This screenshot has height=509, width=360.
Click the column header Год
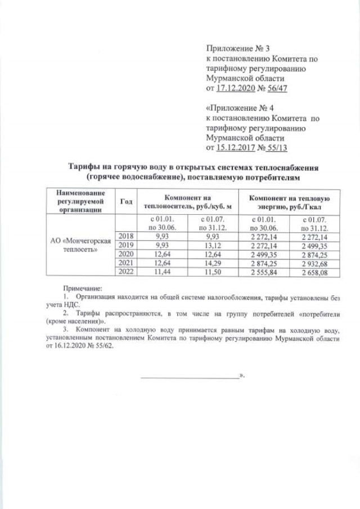pos(125,201)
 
